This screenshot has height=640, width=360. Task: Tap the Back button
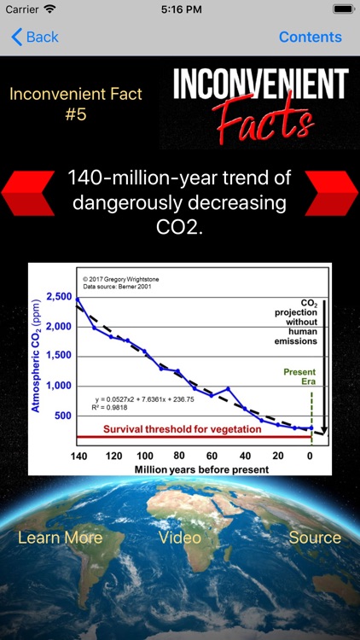click(35, 37)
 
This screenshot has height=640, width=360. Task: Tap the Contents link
click(310, 37)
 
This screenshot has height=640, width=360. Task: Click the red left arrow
click(27, 191)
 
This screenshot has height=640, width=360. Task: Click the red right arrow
click(331, 191)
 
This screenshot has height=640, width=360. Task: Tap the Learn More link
click(60, 537)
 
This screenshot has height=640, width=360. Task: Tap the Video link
click(180, 537)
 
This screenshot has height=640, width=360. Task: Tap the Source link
click(315, 537)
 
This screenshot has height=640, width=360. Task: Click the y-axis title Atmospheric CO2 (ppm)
click(36, 354)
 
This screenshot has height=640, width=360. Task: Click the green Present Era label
click(299, 378)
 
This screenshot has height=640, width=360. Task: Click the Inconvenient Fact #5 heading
click(76, 103)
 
